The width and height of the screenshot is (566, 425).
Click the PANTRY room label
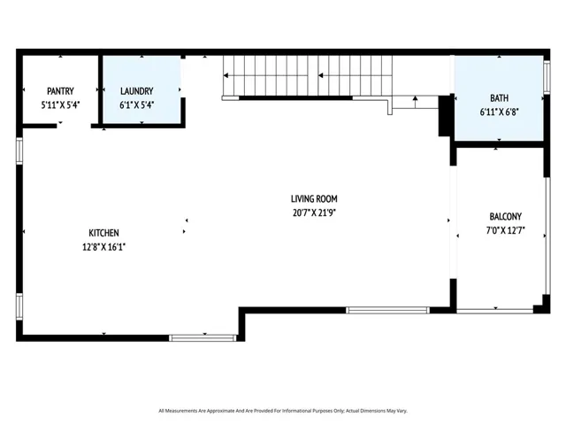coord(60,90)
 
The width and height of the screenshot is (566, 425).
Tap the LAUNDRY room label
coord(137,90)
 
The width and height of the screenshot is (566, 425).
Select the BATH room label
coord(499,97)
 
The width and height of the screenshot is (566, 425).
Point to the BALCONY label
coord(505,216)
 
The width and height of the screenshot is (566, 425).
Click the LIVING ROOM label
coord(314,199)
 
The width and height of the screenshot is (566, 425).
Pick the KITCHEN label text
coord(103,233)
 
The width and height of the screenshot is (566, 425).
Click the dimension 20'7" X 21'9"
coord(314,212)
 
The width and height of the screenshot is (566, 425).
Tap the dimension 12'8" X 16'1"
coord(103,247)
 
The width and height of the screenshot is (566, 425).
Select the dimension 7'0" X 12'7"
coord(505,230)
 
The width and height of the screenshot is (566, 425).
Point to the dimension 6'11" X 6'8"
coord(499,112)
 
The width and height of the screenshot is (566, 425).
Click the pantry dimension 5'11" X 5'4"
coord(60,104)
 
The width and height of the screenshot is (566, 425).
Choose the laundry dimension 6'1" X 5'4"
coord(137,104)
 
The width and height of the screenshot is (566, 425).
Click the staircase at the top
coord(305,75)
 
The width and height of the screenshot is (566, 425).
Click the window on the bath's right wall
coord(547,77)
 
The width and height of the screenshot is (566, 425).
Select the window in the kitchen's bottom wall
coord(203,337)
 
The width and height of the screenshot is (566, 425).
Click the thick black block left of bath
coord(446,115)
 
